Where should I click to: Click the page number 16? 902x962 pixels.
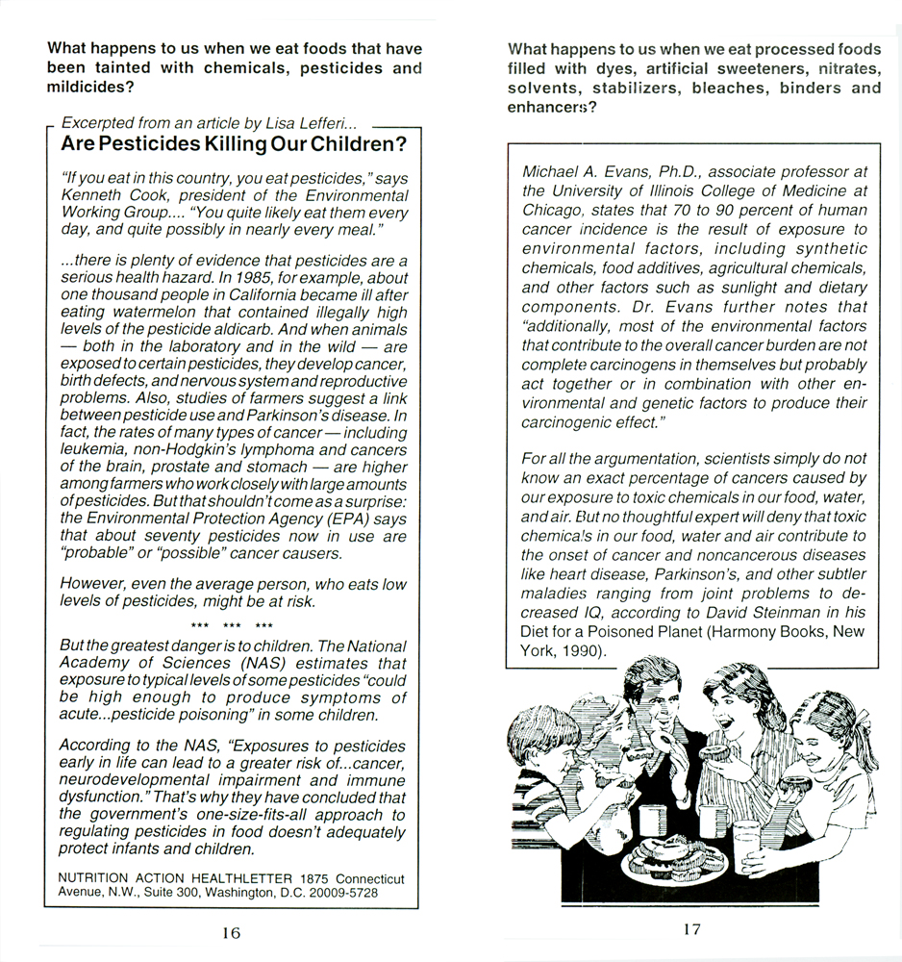click(231, 932)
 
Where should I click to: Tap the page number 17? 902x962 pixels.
click(692, 929)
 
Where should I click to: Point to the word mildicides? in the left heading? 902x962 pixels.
click(89, 86)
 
